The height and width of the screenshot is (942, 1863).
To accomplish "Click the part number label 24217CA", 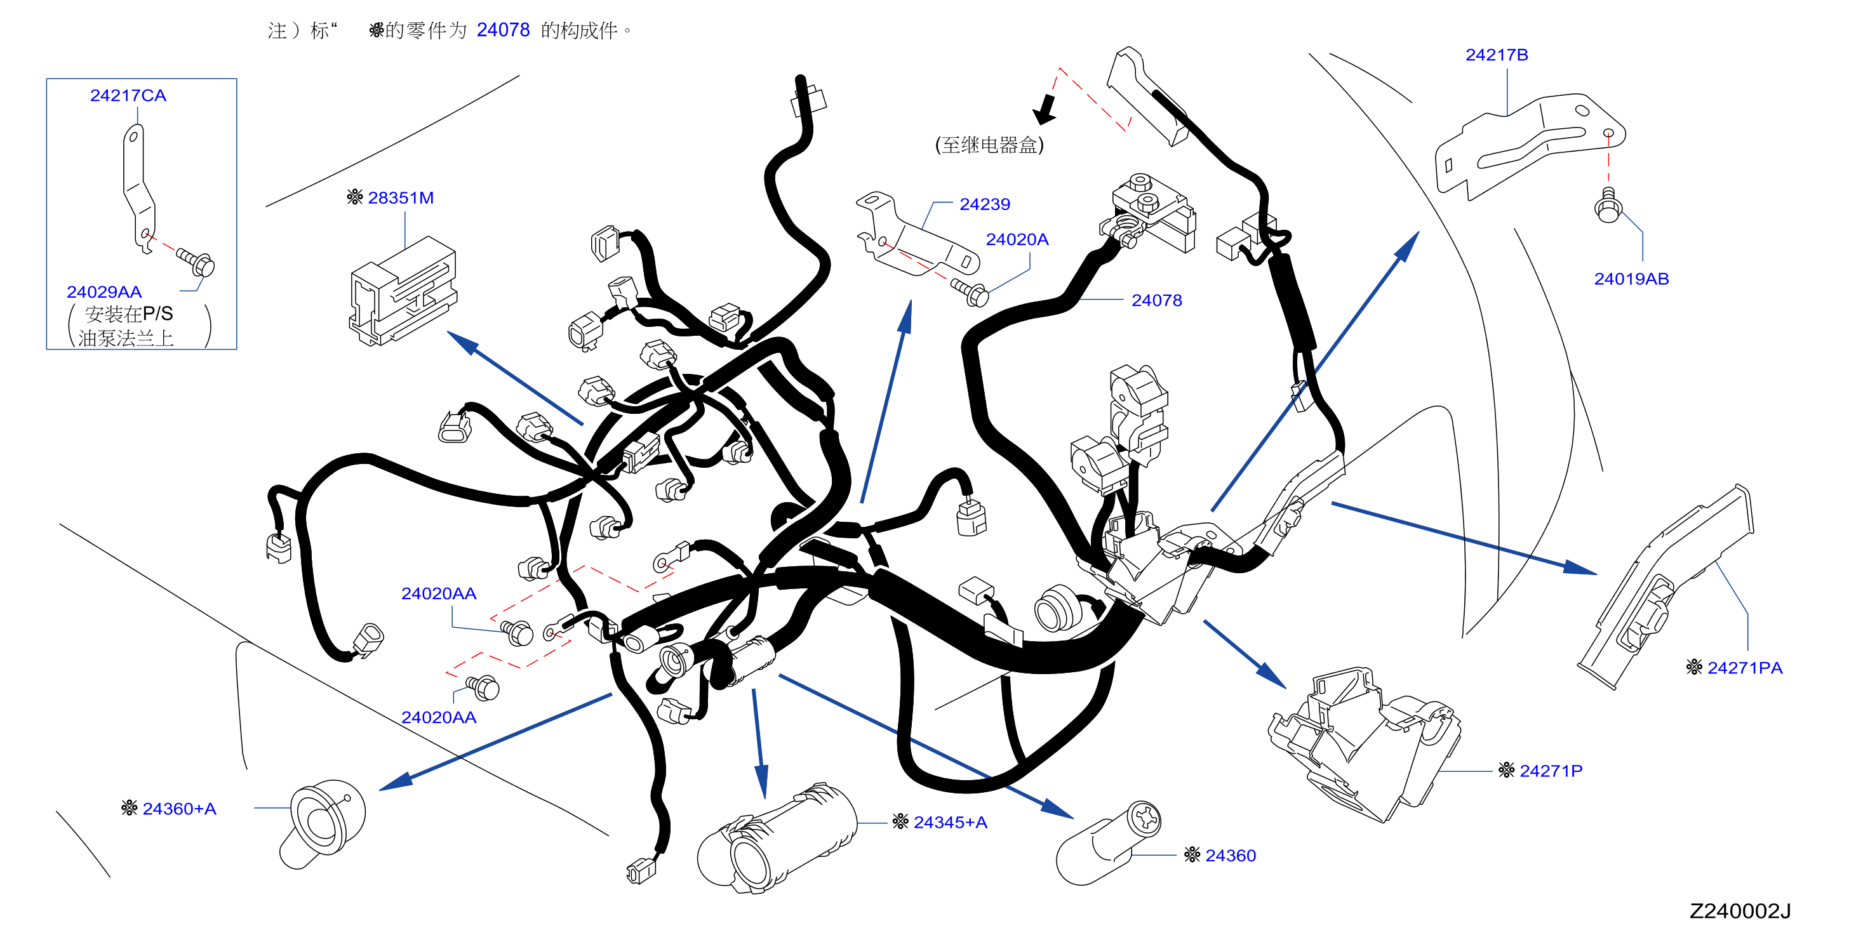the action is click(128, 95).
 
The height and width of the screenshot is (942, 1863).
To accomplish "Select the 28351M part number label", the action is click(401, 197).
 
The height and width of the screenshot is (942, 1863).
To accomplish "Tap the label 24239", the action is click(984, 204).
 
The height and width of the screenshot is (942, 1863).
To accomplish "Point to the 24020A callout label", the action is click(1017, 239).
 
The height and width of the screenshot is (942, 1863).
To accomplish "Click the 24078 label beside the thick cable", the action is click(1156, 300).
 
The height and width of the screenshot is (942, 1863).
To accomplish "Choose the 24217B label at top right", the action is click(1497, 55).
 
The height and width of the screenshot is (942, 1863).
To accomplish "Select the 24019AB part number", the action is click(1632, 279).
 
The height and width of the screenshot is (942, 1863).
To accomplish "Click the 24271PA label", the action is click(1744, 668).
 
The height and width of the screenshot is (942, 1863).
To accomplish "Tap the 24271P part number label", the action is click(1551, 771).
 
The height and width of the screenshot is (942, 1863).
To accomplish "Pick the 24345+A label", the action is click(951, 823).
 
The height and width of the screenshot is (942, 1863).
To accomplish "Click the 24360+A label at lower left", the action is click(179, 809).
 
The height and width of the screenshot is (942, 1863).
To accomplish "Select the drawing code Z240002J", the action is click(1739, 911).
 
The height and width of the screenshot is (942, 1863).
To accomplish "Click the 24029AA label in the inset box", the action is click(104, 292).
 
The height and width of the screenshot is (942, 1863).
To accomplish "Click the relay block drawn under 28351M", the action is click(403, 291).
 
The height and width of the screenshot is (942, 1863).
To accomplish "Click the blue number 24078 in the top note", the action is click(504, 30).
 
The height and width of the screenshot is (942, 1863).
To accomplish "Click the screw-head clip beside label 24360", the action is click(1108, 843).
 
